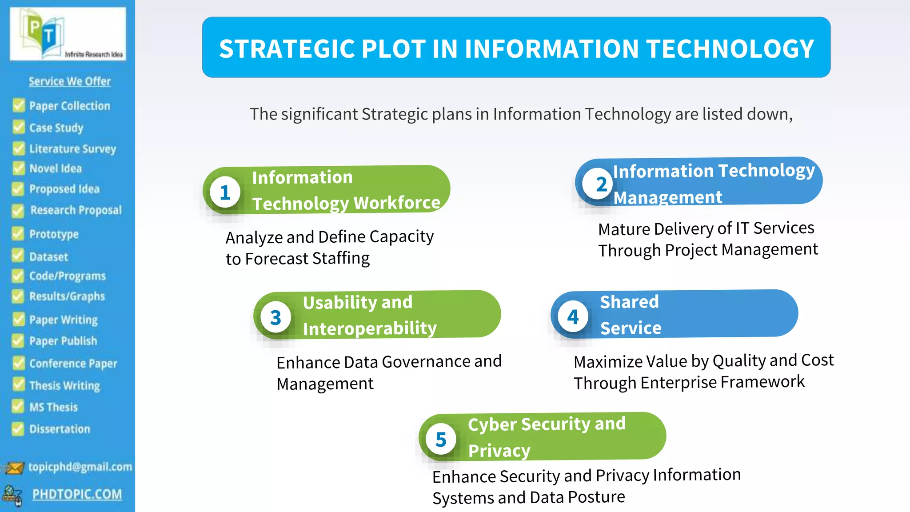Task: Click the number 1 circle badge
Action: (x=225, y=192)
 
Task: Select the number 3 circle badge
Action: (x=275, y=317)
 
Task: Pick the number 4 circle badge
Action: (x=573, y=317)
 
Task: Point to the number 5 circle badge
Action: (x=440, y=440)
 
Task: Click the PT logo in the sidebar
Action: (x=68, y=34)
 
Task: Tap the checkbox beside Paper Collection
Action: (x=19, y=106)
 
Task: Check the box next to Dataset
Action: (x=18, y=256)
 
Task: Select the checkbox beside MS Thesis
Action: (x=18, y=406)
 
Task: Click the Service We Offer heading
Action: (x=70, y=81)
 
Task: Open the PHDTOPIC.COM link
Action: (x=77, y=494)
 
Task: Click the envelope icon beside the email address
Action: (x=14, y=468)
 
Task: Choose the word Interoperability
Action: (x=370, y=328)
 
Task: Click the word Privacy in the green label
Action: (x=499, y=451)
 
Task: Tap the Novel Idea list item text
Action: (x=56, y=168)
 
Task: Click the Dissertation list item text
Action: (x=60, y=429)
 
